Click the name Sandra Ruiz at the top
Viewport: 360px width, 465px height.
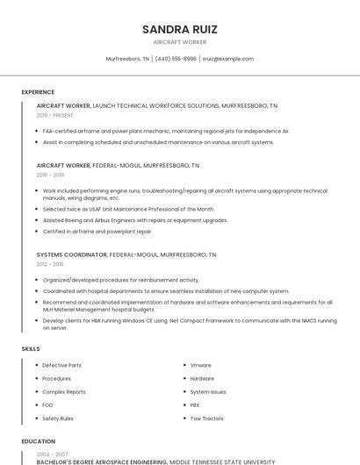(x=179, y=29)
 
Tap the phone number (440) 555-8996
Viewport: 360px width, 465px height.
(x=176, y=59)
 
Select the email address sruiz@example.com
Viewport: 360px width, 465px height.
(x=227, y=59)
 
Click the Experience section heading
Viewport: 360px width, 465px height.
(x=38, y=92)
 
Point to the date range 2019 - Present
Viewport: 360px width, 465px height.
(x=55, y=115)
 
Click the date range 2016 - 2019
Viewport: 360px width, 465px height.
(x=50, y=175)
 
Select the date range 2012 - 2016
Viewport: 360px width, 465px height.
(x=50, y=263)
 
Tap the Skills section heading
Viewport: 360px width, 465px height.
(x=31, y=349)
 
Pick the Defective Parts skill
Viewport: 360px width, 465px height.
(x=61, y=365)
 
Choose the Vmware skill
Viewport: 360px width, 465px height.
(x=200, y=365)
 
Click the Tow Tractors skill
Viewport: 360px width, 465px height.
(x=205, y=418)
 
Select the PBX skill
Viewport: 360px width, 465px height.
(x=195, y=405)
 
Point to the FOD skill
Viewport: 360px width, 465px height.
(x=47, y=405)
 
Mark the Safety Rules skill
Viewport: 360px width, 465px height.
(x=58, y=418)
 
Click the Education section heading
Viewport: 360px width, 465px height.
(x=38, y=441)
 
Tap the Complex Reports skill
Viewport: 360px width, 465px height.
(x=64, y=392)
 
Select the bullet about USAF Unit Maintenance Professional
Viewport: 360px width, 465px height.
(x=128, y=210)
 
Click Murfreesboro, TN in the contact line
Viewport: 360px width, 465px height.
(x=127, y=59)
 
